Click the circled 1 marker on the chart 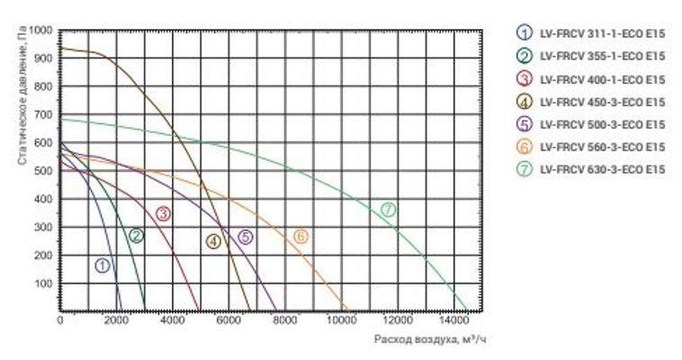coord(103,265)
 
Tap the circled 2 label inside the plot coord(136,236)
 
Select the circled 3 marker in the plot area coord(163,213)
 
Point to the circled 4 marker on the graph coord(213,241)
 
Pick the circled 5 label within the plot coord(245,238)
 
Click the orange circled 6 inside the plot coord(301,237)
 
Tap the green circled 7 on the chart coord(388,210)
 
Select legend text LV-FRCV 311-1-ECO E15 coord(601,33)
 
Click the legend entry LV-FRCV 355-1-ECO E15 coord(601,56)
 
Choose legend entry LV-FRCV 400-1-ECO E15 coord(601,79)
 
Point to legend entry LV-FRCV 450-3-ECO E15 coord(601,102)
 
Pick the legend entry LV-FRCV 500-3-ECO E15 coord(601,124)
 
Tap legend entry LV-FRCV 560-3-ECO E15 coord(601,147)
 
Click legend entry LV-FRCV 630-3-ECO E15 coord(601,169)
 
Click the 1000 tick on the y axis coord(41,31)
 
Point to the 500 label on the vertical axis coord(44,171)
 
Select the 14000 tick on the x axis coord(453,319)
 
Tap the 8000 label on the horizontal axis coord(284,319)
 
